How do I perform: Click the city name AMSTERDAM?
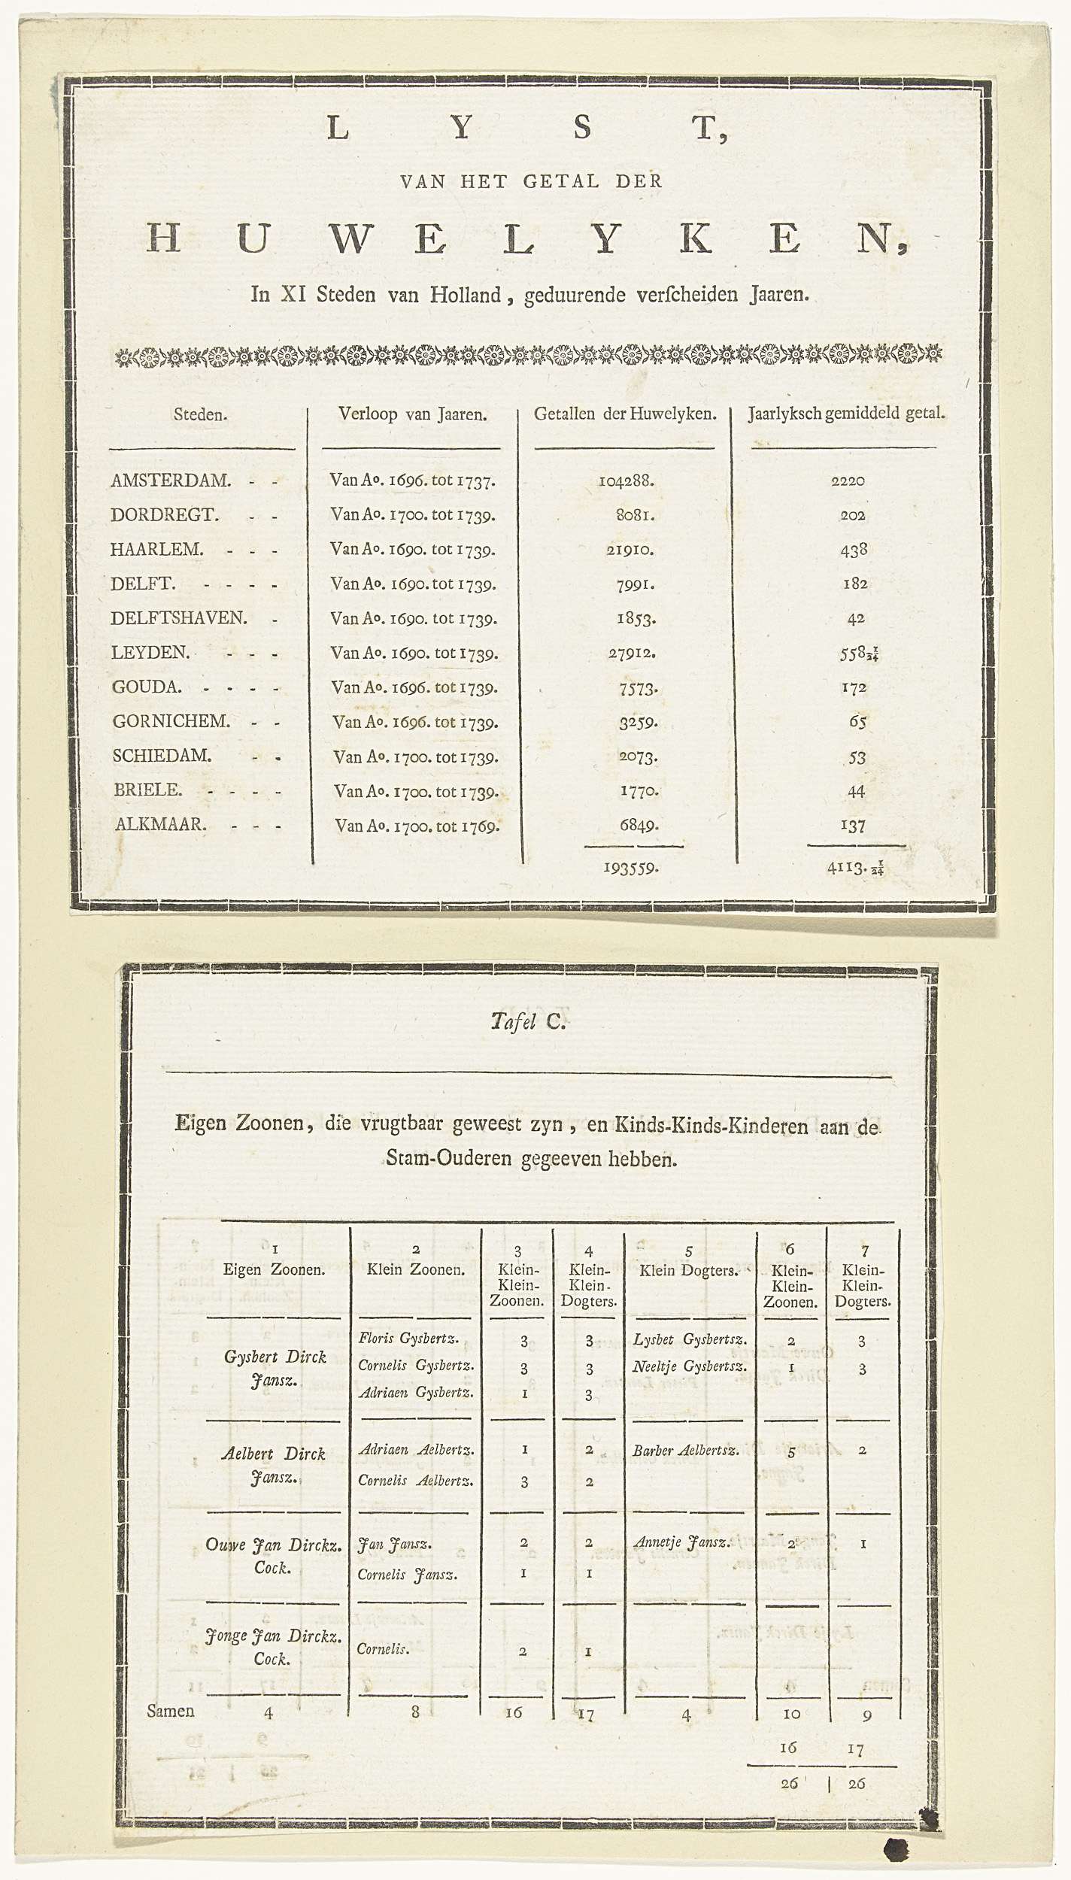point(170,480)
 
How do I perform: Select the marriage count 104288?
point(626,481)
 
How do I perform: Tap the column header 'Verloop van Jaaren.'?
point(413,414)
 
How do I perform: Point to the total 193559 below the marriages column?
point(631,868)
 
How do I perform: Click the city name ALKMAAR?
point(159,824)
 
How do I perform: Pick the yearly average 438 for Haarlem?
point(854,550)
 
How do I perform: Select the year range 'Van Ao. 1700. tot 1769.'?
point(417,826)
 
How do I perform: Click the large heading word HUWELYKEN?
point(527,240)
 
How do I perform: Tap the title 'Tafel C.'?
point(527,1020)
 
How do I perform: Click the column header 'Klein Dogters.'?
point(687,1270)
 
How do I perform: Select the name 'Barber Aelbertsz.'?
point(686,1450)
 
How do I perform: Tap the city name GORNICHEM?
point(171,721)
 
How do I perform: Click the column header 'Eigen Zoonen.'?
point(274,1270)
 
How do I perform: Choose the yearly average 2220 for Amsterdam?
point(848,481)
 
